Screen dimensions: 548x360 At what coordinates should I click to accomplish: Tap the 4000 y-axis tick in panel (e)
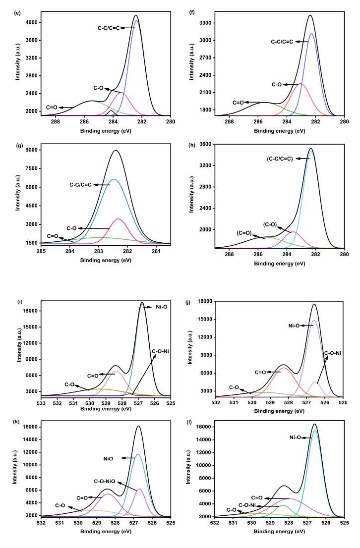pos(31,23)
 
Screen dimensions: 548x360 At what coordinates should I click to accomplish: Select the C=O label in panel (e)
pos(52,107)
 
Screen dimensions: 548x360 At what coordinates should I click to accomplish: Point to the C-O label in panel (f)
pos(276,85)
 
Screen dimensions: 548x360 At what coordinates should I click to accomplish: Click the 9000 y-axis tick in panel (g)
pos(31,150)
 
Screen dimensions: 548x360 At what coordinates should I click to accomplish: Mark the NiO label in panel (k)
pos(109,459)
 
